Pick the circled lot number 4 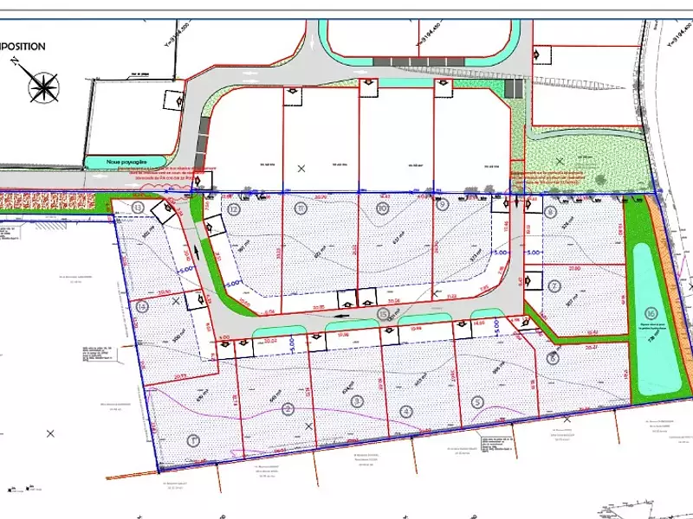tap(405, 411)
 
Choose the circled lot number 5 tap(477, 401)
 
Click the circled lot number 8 tap(552, 211)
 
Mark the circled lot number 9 tap(443, 205)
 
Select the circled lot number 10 tap(382, 208)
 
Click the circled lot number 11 tap(301, 208)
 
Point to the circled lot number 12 tap(233, 208)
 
